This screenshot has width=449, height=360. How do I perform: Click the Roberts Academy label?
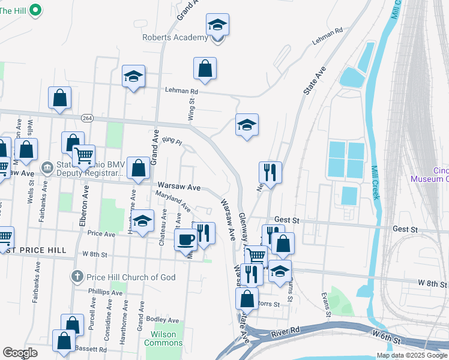(175, 38)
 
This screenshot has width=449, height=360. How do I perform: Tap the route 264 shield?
(88, 118)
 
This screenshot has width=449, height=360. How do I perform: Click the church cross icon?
(76, 277)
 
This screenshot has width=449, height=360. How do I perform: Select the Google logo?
(20, 353)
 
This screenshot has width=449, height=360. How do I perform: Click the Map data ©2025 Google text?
(412, 355)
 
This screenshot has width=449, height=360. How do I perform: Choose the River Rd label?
(286, 330)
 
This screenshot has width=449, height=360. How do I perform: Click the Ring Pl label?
(172, 141)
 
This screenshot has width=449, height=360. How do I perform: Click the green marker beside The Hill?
(35, 10)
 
